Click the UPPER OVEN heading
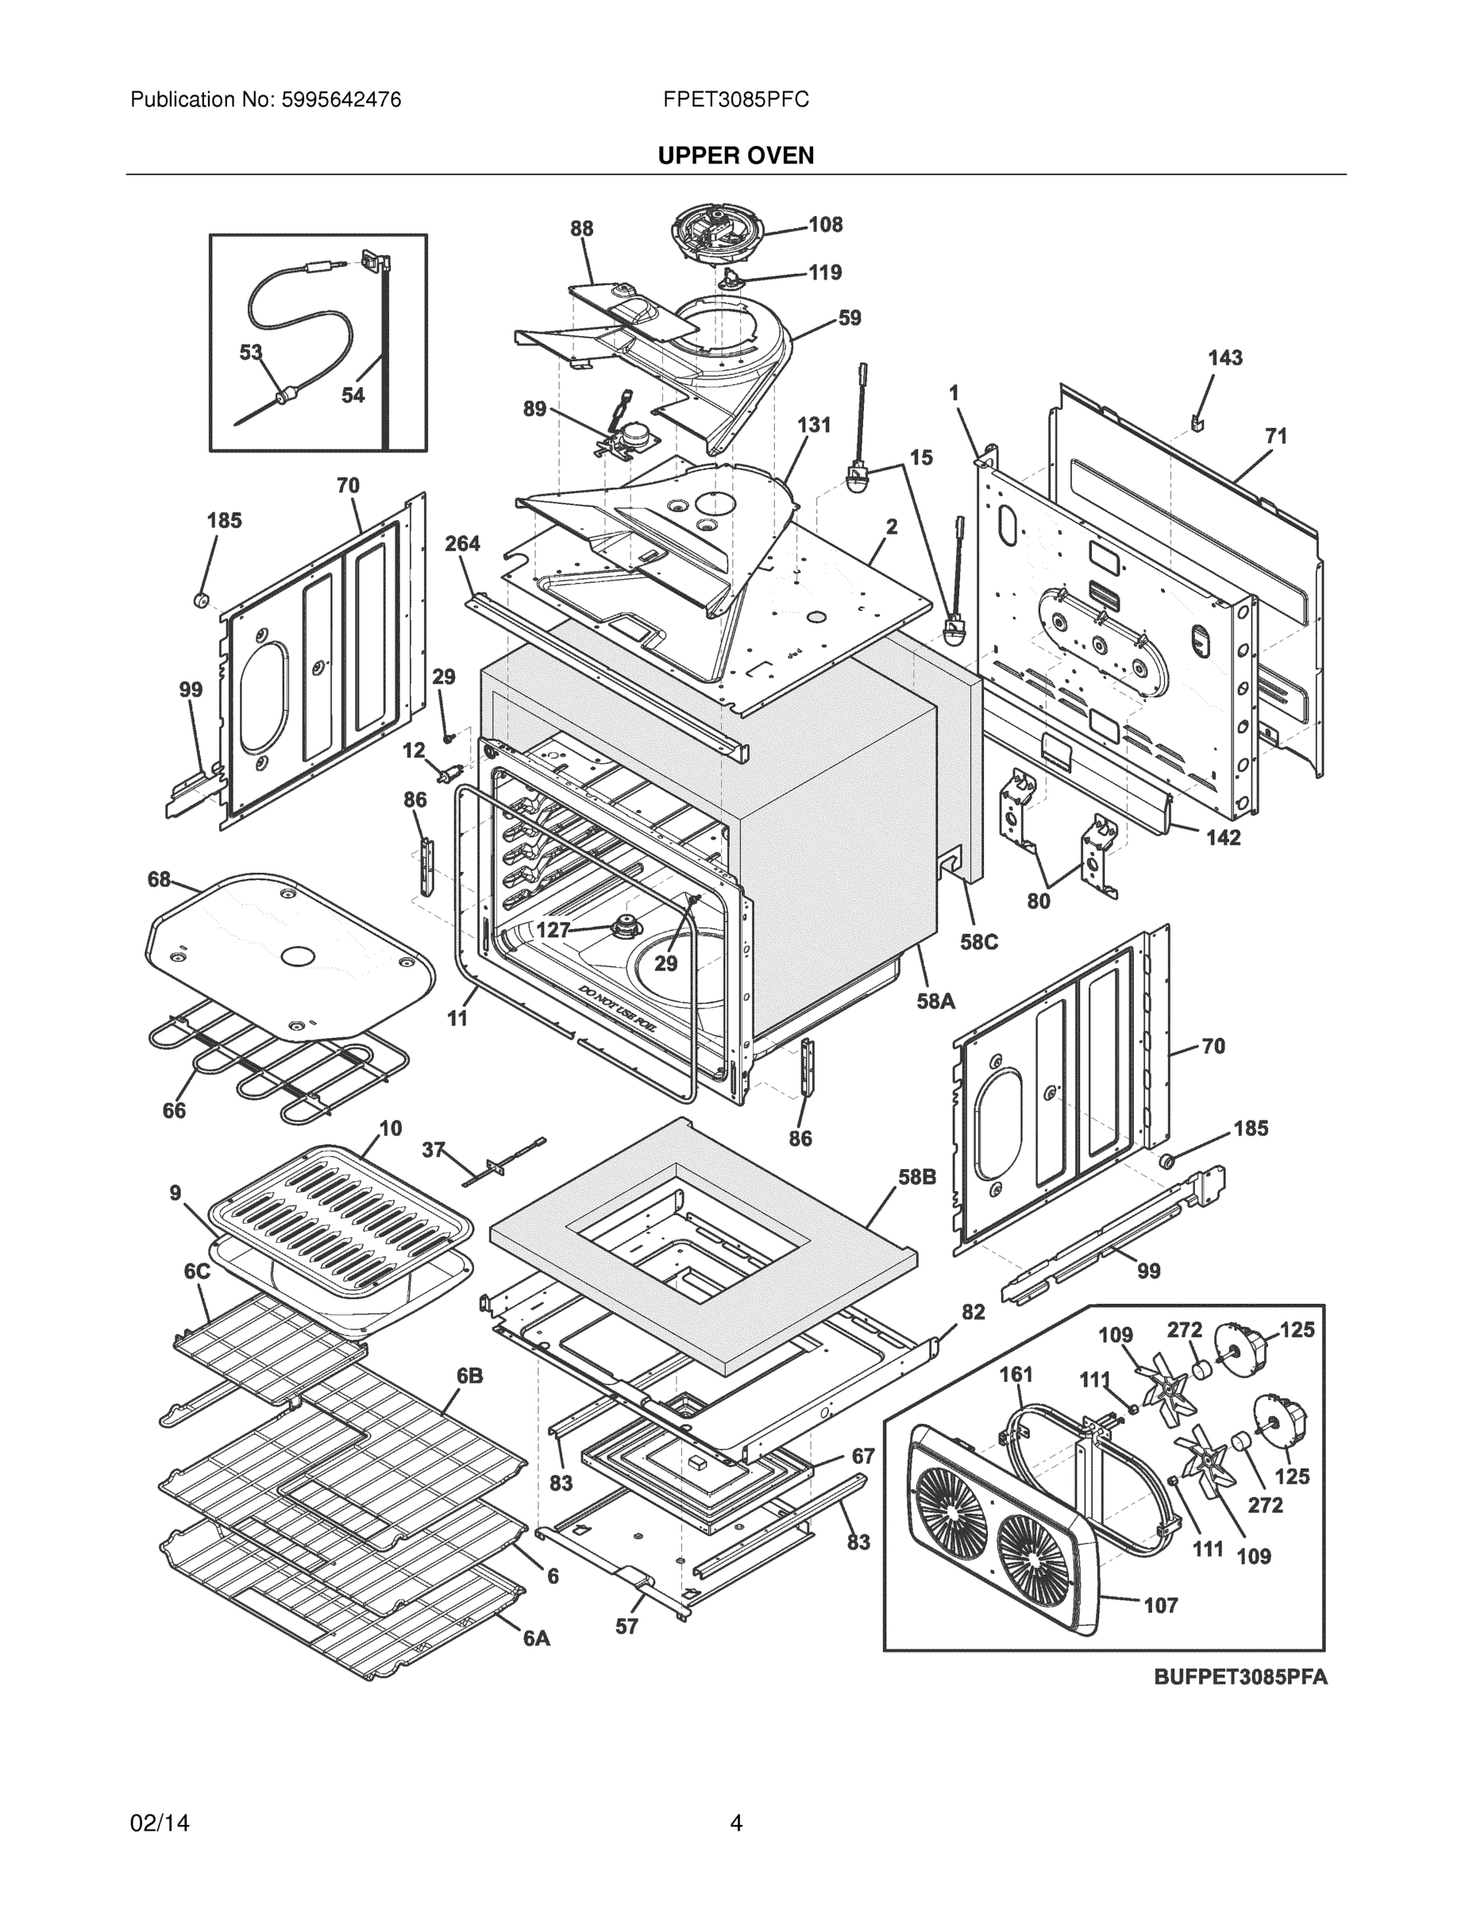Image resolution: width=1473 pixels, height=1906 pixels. (735, 156)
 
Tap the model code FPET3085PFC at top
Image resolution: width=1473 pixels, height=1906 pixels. (735, 100)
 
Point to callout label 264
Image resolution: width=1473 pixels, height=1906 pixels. (461, 544)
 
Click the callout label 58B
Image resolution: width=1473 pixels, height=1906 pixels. (916, 1176)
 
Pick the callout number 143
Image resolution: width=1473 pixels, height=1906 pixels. (1224, 358)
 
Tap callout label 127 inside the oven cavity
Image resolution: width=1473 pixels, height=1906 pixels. (553, 930)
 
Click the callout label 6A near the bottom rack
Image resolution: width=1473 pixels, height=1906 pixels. (537, 1639)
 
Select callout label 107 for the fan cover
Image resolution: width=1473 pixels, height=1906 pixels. (1161, 1605)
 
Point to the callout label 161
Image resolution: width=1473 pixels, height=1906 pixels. (1016, 1375)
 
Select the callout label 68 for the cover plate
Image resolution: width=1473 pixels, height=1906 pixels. (159, 879)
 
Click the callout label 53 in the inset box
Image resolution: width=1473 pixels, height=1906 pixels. (250, 353)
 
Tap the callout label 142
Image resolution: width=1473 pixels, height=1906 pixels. (1223, 838)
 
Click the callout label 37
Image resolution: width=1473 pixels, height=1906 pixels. (434, 1150)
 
